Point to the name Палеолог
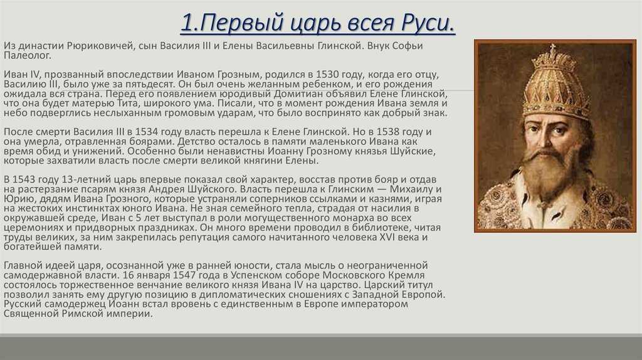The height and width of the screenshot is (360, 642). (28, 56)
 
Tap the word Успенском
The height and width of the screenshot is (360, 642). (256, 275)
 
